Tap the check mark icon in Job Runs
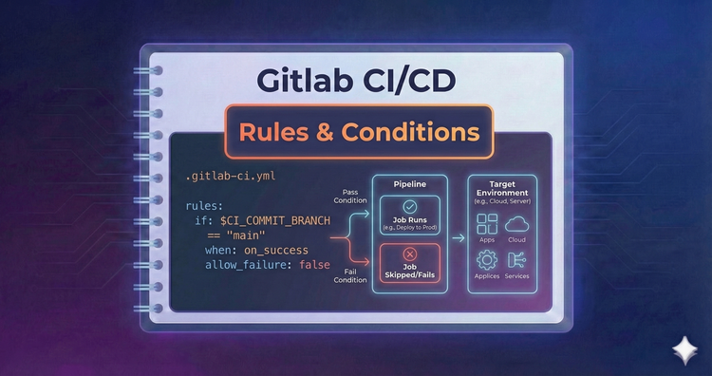pos(410,206)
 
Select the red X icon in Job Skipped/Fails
pos(410,254)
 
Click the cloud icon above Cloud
pos(517,224)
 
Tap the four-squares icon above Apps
pos(488,224)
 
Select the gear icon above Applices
pos(488,260)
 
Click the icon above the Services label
pos(517,260)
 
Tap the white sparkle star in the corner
pos(682,348)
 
